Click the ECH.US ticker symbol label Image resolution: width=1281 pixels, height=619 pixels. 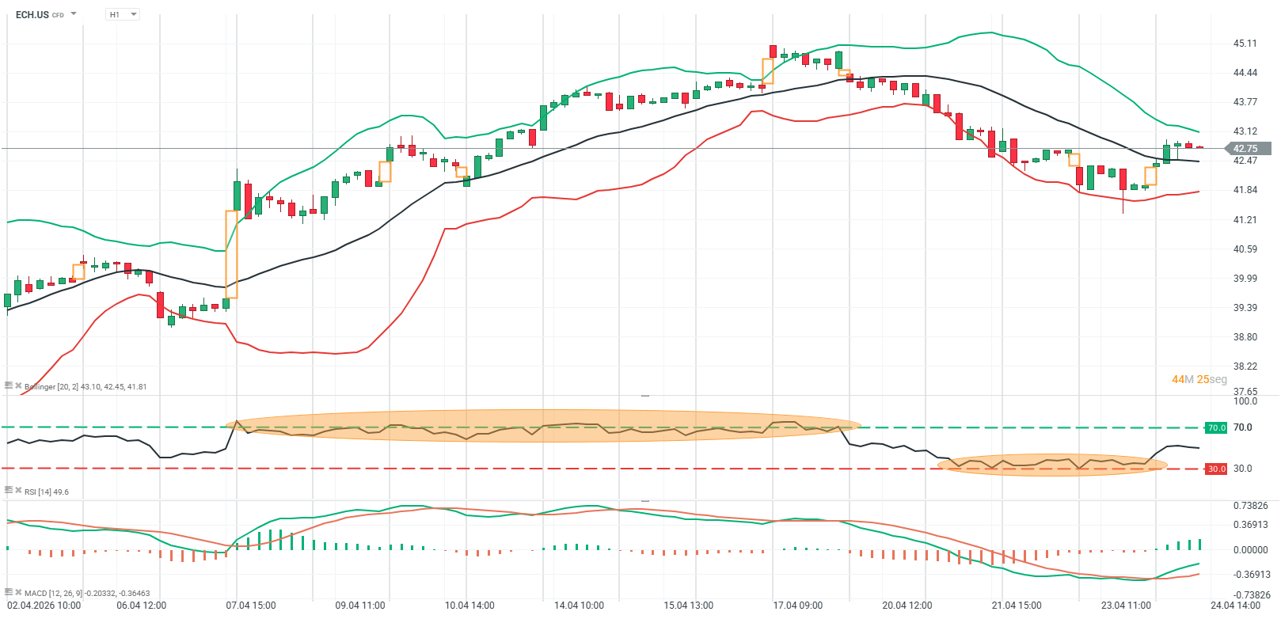[x=32, y=14]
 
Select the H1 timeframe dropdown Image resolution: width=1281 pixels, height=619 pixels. [x=122, y=14]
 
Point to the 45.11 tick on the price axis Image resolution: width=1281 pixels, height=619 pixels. [x=1245, y=44]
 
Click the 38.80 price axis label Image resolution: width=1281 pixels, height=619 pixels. [x=1245, y=337]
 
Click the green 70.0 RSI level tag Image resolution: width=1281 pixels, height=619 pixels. [x=1215, y=427]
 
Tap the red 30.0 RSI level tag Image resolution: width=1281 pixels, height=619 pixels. [x=1215, y=469]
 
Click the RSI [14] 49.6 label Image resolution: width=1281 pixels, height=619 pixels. [x=46, y=492]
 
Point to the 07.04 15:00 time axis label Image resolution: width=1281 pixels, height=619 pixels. [x=251, y=606]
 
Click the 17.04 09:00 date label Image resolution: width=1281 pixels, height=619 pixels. [x=797, y=606]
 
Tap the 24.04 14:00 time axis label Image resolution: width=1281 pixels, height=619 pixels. [x=1235, y=606]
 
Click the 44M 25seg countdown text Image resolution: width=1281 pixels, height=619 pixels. [x=1199, y=379]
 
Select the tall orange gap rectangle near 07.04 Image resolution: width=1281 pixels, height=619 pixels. [x=231, y=253]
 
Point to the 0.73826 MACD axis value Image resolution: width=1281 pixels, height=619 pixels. [x=1250, y=506]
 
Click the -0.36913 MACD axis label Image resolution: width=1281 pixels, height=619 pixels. [x=1250, y=575]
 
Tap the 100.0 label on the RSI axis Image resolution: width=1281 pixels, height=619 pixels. [x=1245, y=401]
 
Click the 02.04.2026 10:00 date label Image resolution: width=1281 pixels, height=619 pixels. [x=44, y=606]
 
